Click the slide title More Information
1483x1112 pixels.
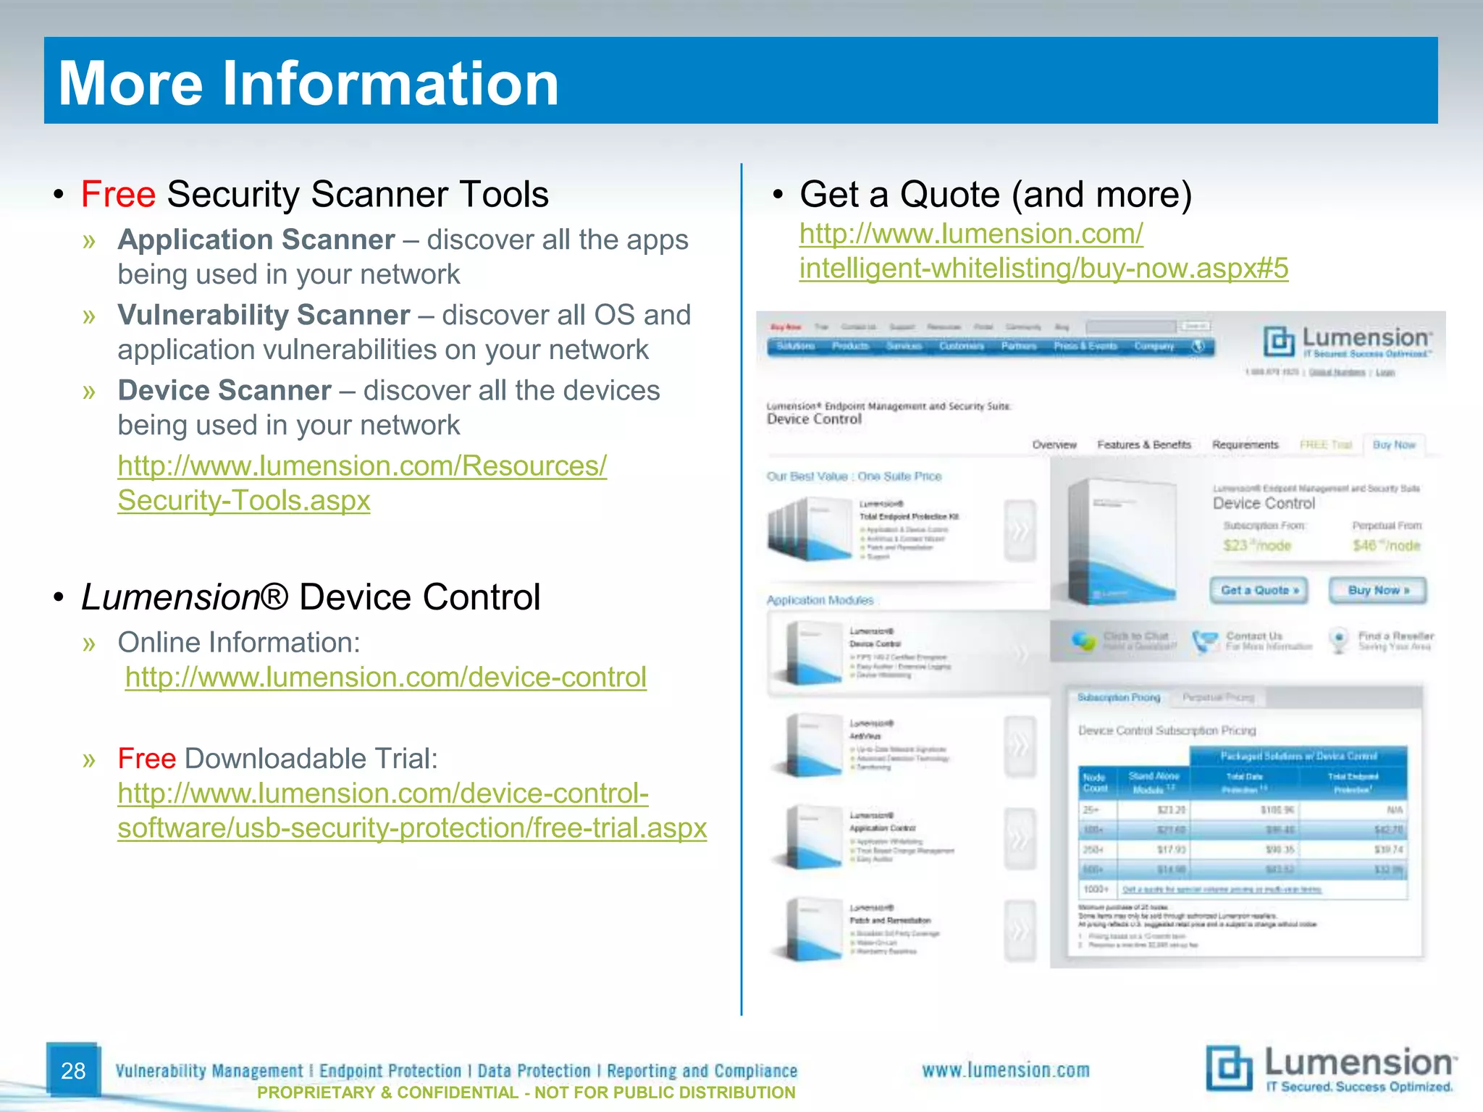point(308,83)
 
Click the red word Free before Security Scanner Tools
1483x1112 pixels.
point(118,195)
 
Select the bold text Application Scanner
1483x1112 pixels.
point(256,240)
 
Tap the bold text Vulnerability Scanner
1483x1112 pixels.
point(264,315)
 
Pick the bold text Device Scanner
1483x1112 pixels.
point(224,390)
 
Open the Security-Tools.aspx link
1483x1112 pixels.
point(244,500)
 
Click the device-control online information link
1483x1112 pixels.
point(385,678)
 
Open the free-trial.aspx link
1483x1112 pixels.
point(412,827)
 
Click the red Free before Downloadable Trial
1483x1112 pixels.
point(146,759)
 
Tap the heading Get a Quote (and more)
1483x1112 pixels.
point(996,195)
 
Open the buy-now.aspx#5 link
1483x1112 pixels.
point(1043,269)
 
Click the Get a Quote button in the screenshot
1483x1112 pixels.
point(1259,590)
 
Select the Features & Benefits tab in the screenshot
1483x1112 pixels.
point(1143,445)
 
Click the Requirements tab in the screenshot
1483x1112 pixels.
point(1245,445)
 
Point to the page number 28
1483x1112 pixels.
point(73,1071)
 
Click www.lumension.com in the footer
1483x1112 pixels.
point(1005,1070)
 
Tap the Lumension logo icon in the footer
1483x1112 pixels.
point(1229,1068)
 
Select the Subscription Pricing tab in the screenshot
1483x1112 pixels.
point(1118,697)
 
